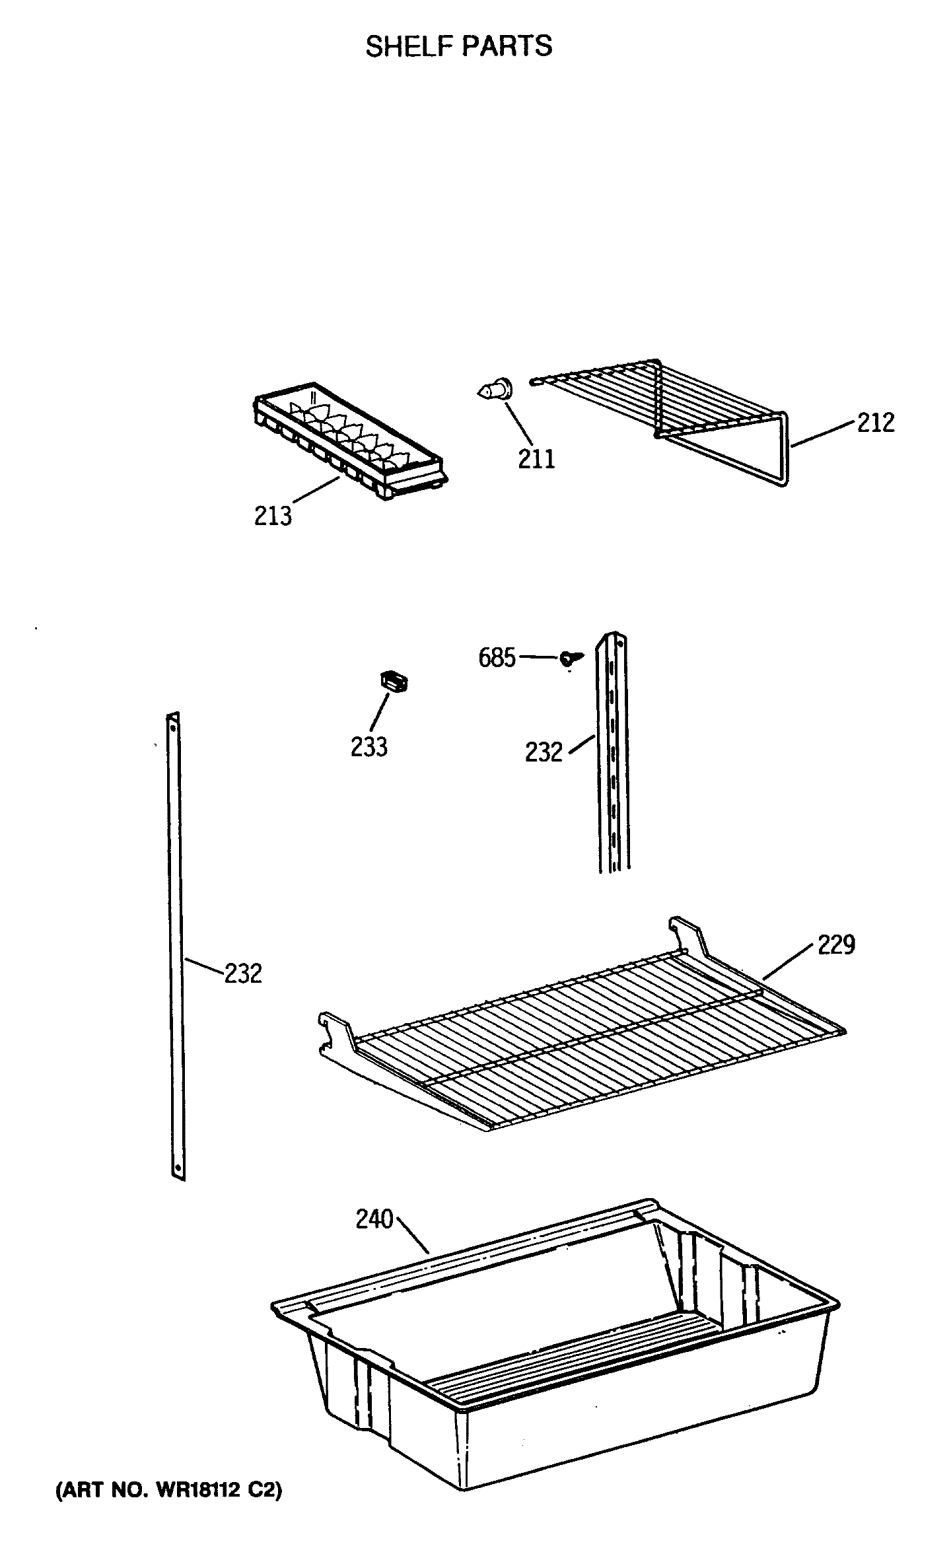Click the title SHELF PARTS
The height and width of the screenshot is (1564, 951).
point(459,46)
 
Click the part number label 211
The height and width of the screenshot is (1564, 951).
point(536,458)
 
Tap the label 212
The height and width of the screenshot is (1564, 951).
point(876,423)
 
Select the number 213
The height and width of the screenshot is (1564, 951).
point(273,515)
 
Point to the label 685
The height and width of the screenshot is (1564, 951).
point(497,658)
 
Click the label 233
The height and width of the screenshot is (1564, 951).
point(369,747)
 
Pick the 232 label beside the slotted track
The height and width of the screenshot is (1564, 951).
point(544,752)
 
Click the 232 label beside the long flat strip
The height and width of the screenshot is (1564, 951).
point(243,974)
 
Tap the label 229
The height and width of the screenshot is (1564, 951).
point(836,944)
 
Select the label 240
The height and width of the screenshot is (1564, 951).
point(374,1219)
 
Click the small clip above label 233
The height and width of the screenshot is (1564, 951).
point(393,681)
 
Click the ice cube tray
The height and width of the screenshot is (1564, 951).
point(349,439)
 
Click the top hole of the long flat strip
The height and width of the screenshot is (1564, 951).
point(174,726)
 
